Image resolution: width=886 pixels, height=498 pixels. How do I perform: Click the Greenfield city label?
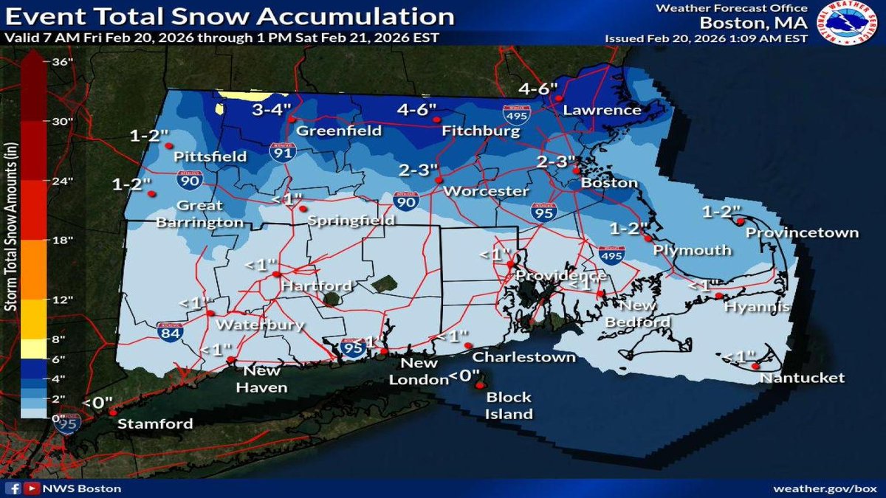pos(339,131)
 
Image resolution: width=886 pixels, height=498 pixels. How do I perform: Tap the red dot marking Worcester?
pos(438,179)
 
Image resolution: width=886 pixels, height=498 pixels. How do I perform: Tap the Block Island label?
pos(509,406)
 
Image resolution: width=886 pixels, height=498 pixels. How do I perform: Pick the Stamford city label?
pos(156,423)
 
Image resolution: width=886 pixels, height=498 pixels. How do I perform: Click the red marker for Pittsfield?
pos(168,145)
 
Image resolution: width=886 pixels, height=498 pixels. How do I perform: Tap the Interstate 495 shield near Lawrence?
pos(516,114)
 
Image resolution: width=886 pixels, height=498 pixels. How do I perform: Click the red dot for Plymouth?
pos(647,238)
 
